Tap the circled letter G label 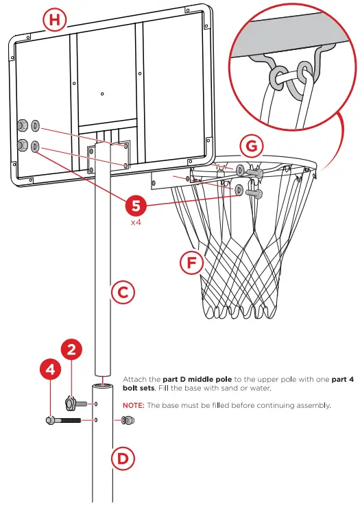[253, 147]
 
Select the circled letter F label [191, 263]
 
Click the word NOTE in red [133, 405]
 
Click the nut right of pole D [128, 419]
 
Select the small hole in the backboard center [101, 94]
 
